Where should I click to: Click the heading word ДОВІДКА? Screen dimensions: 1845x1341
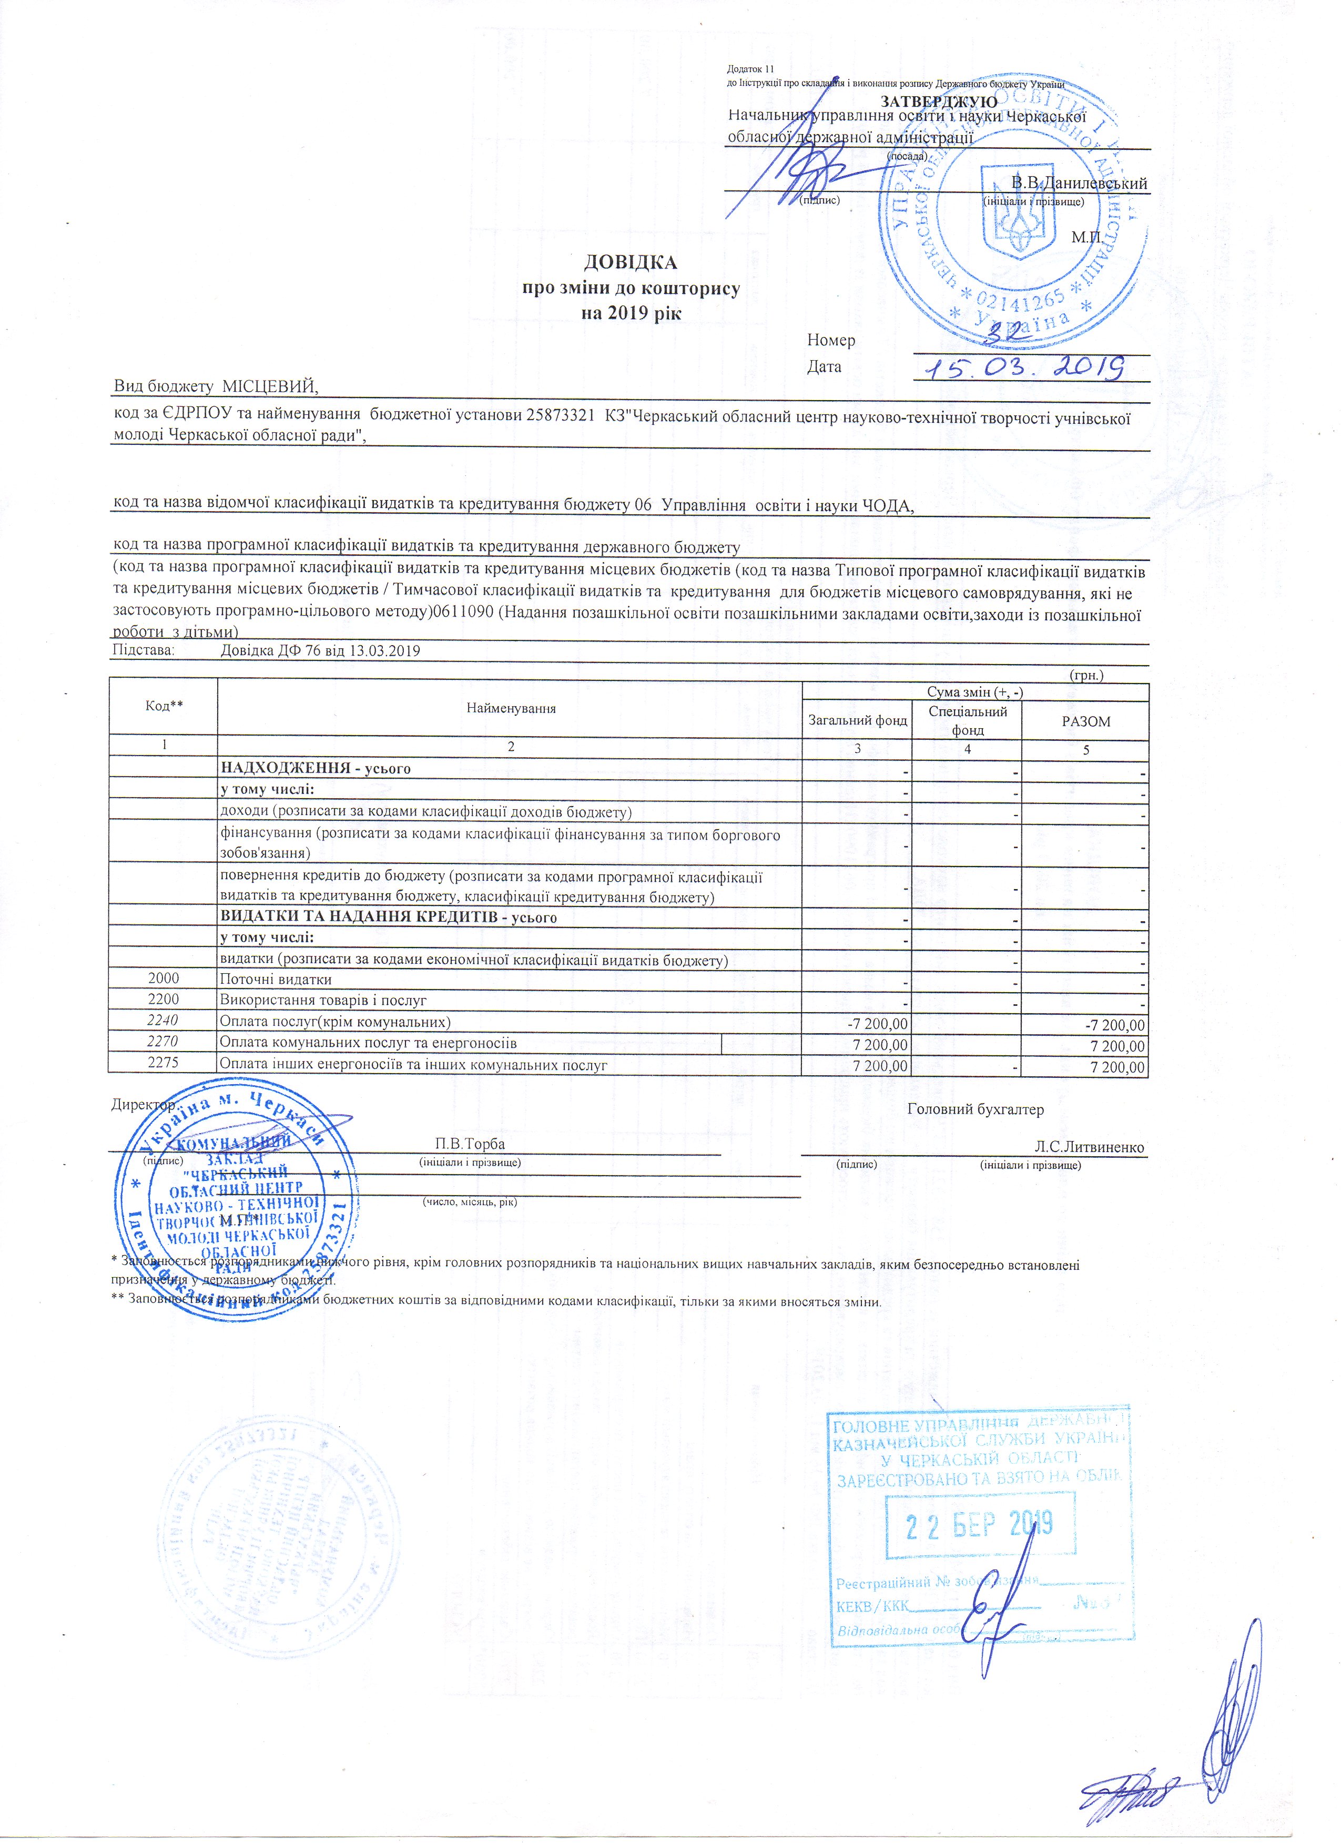click(631, 263)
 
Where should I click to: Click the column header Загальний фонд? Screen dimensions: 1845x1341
click(857, 720)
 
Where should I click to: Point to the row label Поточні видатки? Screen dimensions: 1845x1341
click(276, 980)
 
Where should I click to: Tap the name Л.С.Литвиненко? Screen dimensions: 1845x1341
click(1089, 1147)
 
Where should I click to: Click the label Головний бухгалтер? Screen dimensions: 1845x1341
click(975, 1109)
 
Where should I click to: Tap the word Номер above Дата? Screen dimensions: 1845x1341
click(831, 340)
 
